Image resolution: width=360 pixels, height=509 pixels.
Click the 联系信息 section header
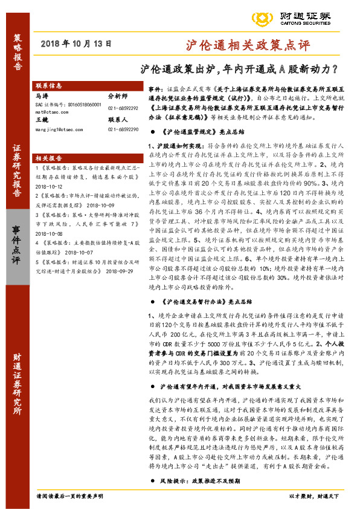click(49, 86)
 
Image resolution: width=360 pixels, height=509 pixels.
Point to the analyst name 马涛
click(42, 96)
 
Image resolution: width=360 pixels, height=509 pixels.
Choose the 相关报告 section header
click(49, 157)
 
